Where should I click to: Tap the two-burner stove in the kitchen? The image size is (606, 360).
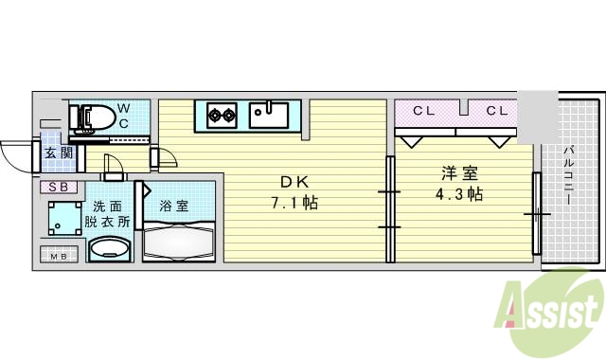coord(223,116)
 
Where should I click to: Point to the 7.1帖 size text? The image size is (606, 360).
coord(295,203)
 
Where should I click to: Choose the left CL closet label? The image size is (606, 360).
coord(423,111)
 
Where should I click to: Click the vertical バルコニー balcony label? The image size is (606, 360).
coord(571,180)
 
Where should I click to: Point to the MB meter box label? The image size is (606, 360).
coord(59,254)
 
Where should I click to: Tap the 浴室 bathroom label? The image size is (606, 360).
coord(173,204)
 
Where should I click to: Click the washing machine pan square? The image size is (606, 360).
coord(63,219)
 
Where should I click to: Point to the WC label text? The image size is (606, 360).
coord(122,117)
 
